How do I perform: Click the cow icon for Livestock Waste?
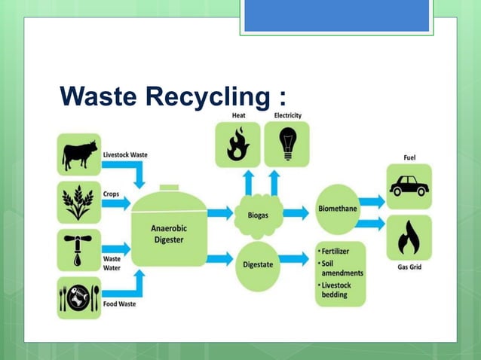coord(78,154)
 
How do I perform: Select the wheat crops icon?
coord(78,202)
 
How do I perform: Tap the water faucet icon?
coord(78,251)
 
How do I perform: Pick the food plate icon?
coord(78,297)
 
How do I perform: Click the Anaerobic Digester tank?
coord(169,233)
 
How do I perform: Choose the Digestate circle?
coord(258,264)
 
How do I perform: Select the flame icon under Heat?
coord(237,144)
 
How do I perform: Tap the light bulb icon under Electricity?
coord(287,144)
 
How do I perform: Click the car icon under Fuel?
coord(408,186)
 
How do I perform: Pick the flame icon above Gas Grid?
coord(408,237)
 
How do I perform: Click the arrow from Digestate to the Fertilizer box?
coord(296,258)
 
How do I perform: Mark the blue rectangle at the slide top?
coord(336,15)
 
